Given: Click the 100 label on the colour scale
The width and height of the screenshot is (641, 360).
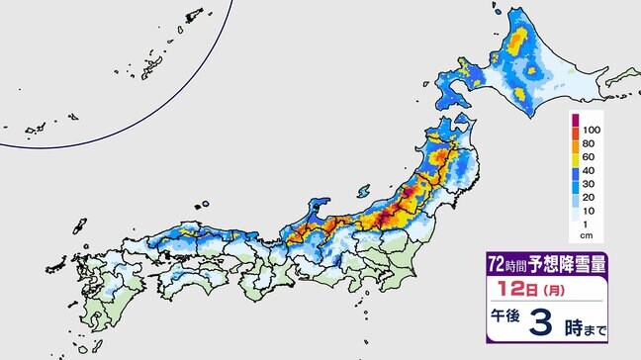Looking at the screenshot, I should coord(592,131).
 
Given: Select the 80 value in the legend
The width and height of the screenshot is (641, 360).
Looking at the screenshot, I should coord(592,145).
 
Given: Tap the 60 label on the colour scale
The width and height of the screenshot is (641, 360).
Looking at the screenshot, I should coord(592,160).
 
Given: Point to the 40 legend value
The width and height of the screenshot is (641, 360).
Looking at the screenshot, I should coord(592,175).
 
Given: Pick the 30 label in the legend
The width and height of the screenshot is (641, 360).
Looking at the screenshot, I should coord(592,190).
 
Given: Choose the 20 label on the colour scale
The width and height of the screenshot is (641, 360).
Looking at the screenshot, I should coord(592,205).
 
